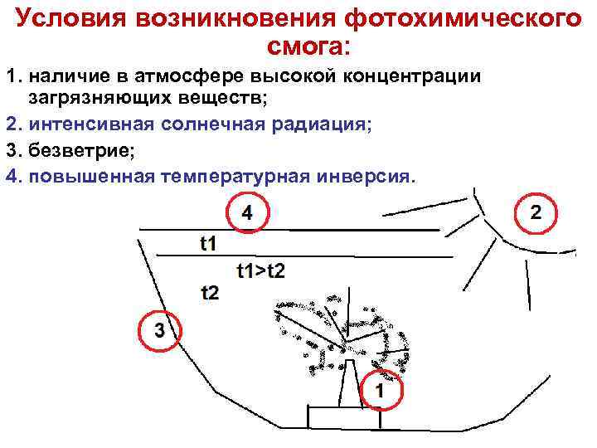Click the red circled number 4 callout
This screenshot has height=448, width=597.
pyautogui.click(x=247, y=213)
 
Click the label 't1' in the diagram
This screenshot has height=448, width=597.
pyautogui.click(x=208, y=242)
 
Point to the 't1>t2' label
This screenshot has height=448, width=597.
pyautogui.click(x=260, y=270)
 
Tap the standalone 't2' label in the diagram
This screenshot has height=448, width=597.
pyautogui.click(x=210, y=291)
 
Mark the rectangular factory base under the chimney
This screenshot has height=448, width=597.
pyautogui.click(x=343, y=418)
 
